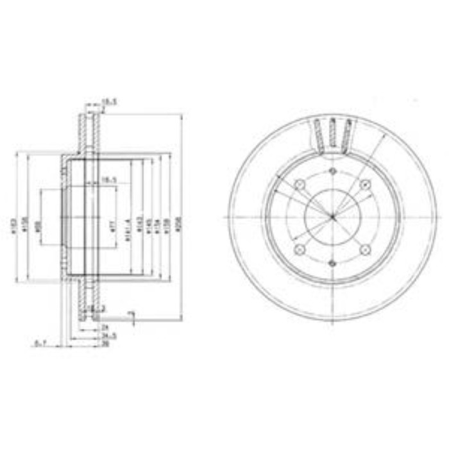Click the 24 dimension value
pyautogui.click(x=105, y=328)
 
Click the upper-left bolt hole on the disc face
pyautogui.click(x=299, y=185)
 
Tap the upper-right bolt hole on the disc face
pyautogui.click(x=366, y=185)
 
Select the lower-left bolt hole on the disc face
pyautogui.click(x=299, y=250)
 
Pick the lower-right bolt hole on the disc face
pyautogui.click(x=366, y=250)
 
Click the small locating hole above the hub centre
pyautogui.click(x=332, y=171)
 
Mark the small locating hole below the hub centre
pyautogui.click(x=332, y=262)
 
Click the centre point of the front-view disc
pyautogui.click(x=332, y=217)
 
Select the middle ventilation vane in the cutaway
pyautogui.click(x=332, y=133)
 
